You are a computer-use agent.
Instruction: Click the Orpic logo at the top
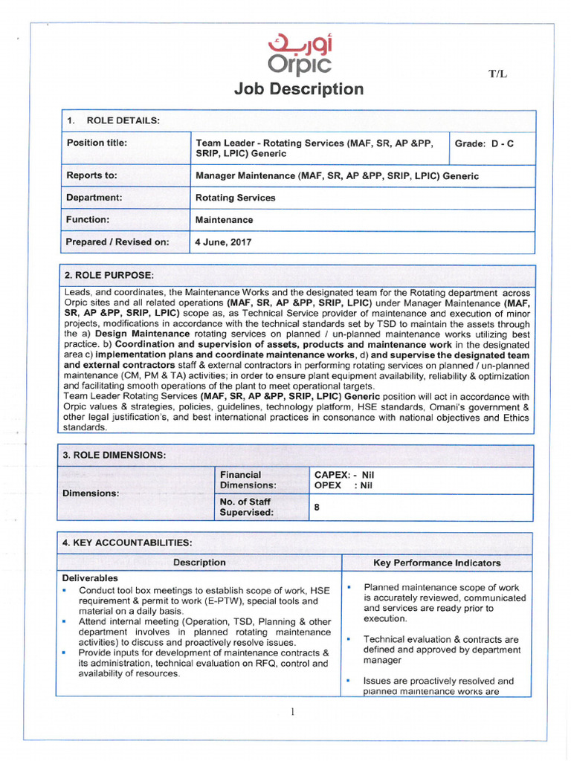[x=300, y=53]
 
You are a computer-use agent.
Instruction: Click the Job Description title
[x=299, y=89]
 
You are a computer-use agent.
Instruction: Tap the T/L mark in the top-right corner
[x=497, y=74]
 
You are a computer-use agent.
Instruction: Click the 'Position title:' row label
[x=97, y=143]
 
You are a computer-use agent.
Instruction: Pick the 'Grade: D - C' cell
[x=483, y=143]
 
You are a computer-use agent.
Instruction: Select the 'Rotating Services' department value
[x=235, y=198]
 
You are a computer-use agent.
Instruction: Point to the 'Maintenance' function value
[x=224, y=220]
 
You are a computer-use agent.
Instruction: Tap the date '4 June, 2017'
[x=223, y=242]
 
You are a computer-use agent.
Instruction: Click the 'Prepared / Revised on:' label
[x=117, y=242]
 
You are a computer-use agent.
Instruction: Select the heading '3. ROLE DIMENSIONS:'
[x=115, y=455]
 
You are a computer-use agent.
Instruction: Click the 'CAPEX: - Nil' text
[x=344, y=474]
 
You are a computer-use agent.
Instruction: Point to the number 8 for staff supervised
[x=317, y=507]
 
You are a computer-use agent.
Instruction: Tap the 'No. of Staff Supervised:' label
[x=246, y=507]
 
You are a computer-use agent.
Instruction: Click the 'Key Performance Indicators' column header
[x=436, y=563]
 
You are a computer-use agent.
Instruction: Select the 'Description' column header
[x=199, y=563]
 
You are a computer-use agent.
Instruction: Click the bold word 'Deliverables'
[x=90, y=578]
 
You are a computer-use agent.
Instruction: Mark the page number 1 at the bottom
[x=293, y=712]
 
